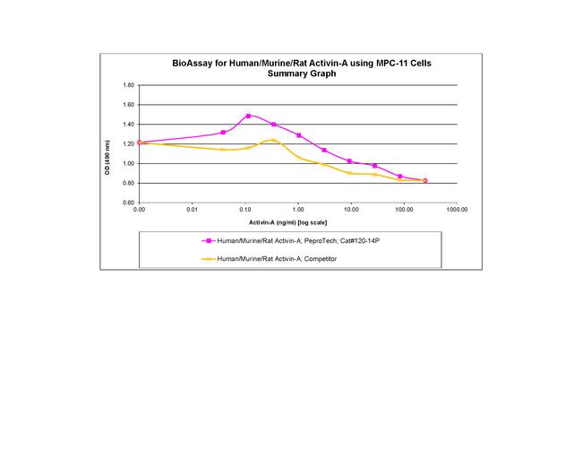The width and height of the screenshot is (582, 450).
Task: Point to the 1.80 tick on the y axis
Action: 128,85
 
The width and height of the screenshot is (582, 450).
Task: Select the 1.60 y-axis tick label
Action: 128,105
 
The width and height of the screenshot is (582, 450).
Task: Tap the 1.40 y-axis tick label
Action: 128,125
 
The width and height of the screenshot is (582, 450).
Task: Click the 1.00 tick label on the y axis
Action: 128,163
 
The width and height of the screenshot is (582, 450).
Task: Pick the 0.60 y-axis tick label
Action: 128,203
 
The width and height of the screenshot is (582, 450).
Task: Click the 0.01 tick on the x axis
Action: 193,209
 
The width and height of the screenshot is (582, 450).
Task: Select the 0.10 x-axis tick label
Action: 245,209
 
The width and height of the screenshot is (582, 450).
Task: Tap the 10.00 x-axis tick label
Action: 351,209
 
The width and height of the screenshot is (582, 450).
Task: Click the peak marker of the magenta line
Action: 248,116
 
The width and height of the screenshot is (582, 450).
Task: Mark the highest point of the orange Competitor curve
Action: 274,140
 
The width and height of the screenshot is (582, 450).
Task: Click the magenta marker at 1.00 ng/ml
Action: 298,135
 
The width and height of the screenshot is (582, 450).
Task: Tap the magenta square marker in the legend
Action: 209,241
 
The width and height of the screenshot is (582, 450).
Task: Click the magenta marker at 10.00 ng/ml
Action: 349,161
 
